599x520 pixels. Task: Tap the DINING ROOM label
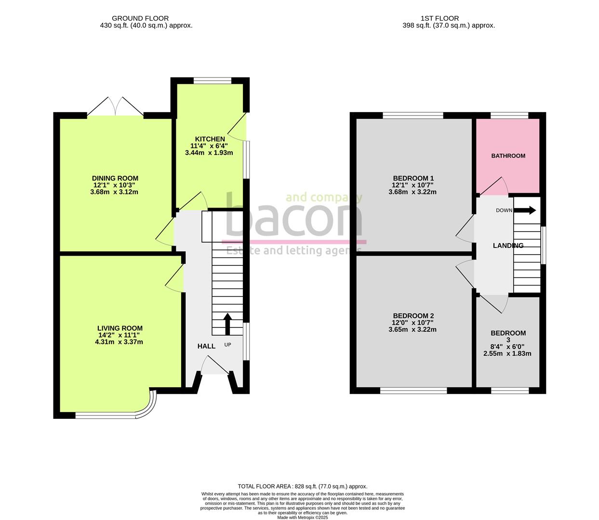(x=115, y=178)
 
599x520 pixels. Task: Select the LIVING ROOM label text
(x=120, y=328)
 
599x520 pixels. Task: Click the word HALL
(x=206, y=346)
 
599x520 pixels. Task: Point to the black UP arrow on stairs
(x=227, y=323)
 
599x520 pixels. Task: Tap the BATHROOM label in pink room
(x=508, y=156)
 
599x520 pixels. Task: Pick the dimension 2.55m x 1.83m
(x=507, y=353)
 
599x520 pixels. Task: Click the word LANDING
(x=508, y=246)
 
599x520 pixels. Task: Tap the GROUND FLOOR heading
(x=140, y=18)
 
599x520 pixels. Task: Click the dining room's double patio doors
(x=116, y=107)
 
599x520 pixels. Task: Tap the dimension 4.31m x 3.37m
(x=119, y=342)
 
